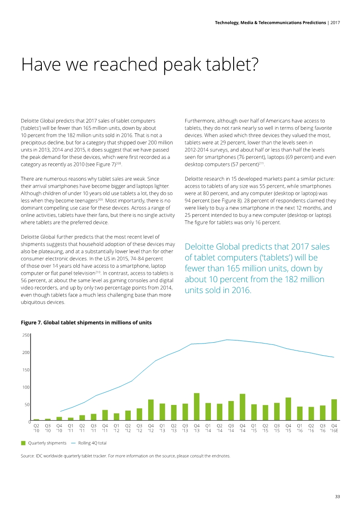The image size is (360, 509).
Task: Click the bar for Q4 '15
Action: point(288,409)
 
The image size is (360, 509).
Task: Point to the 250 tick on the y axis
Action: point(26,335)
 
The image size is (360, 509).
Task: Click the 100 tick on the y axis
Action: point(26,387)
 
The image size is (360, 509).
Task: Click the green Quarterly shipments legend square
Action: point(24,443)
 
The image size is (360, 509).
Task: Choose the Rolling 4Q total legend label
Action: point(92,443)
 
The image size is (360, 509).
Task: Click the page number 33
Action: point(337,496)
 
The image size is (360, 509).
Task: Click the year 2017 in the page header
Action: point(336,22)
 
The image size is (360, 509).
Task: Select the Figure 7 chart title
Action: point(86,323)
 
